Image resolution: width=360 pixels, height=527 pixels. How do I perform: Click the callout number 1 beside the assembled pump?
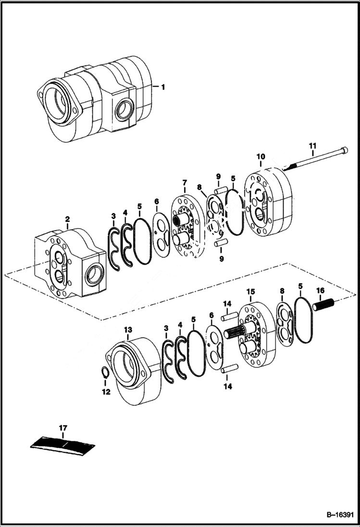[163, 87]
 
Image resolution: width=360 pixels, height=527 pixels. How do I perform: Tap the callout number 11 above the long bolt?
[312, 145]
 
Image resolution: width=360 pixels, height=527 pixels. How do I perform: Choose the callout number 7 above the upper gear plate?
[184, 183]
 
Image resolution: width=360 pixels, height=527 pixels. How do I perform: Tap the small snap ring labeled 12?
[105, 373]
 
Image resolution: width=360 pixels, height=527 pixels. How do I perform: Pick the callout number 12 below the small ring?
[106, 392]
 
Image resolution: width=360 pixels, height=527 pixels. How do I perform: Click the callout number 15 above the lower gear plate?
[251, 292]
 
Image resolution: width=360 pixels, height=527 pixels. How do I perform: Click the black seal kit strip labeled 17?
[63, 444]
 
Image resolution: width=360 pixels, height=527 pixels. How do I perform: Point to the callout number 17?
[63, 427]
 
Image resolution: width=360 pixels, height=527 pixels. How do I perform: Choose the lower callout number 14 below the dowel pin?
[227, 386]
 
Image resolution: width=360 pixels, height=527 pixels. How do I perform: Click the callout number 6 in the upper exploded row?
[157, 202]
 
